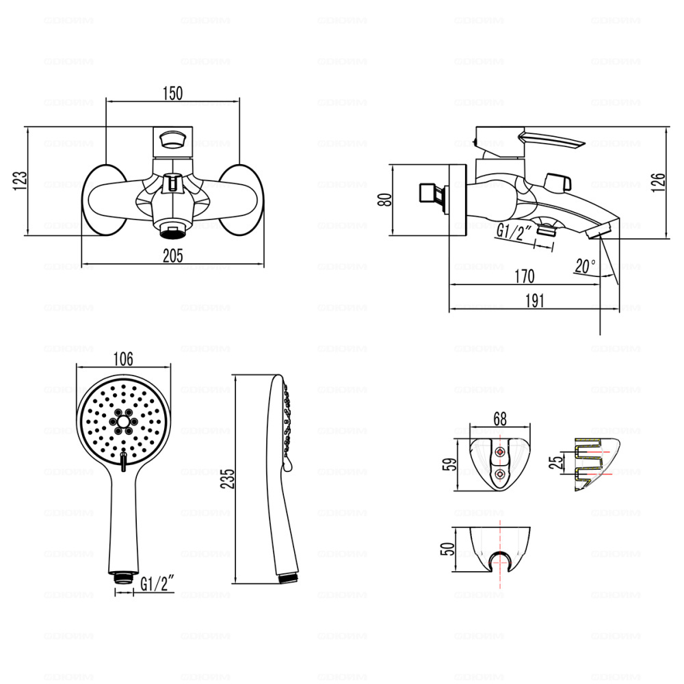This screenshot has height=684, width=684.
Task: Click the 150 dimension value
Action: pos(172,94)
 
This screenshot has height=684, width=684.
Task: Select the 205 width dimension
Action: pos(172,256)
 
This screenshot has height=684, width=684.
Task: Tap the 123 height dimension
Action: pos(21,181)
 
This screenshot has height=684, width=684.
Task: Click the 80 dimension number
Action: pos(384,199)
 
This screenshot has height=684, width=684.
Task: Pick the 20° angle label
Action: pos(585,266)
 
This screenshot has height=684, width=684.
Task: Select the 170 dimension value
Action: pos(523,276)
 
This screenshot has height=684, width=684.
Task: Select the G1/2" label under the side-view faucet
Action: pos(514,232)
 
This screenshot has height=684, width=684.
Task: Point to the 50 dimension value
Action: pos(449,549)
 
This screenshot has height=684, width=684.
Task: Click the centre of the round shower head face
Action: pos(122,422)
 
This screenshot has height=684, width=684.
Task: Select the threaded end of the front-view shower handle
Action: pos(124,576)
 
